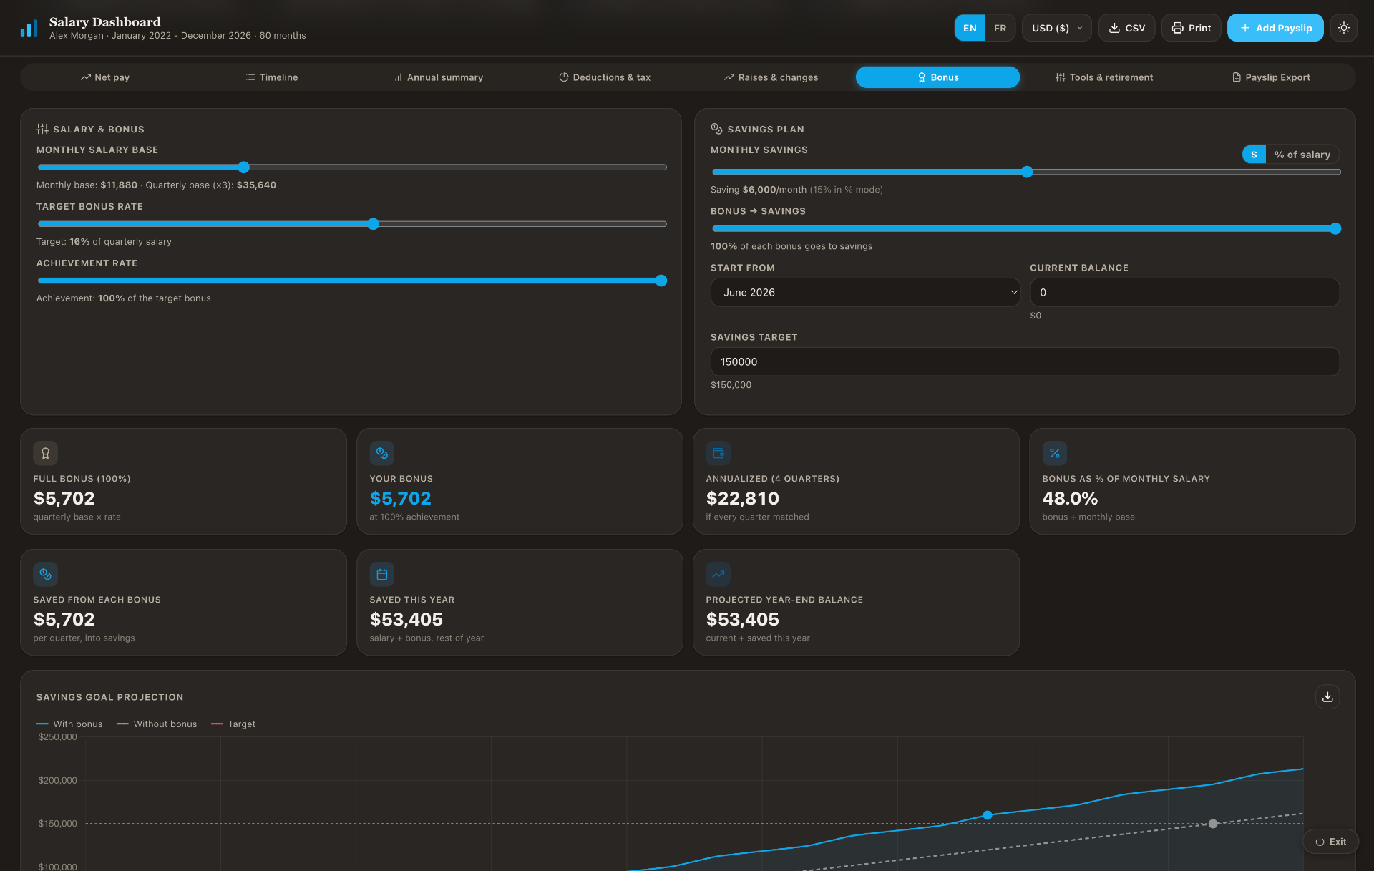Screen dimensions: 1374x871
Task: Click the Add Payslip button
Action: [1275, 28]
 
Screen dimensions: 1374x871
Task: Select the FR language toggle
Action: [1000, 28]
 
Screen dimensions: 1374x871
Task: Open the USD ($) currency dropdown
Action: [1056, 28]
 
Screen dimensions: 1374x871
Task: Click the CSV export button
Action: [1126, 28]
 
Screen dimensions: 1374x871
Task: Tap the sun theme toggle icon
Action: [1344, 28]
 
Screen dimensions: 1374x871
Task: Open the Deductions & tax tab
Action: [605, 77]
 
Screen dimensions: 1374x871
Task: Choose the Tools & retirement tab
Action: [1104, 77]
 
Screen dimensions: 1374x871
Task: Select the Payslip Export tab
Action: [1271, 77]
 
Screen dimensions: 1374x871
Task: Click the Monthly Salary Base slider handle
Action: [244, 167]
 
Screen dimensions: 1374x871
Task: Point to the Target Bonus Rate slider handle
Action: [374, 224]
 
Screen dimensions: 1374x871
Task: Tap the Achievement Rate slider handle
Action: [661, 281]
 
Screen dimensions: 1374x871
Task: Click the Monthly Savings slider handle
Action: [1027, 172]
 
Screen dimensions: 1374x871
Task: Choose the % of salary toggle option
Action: [1302, 155]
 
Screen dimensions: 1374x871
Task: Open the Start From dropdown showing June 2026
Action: [865, 292]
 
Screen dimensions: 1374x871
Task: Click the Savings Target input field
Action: [1025, 361]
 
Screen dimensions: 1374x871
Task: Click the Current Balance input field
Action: [1184, 292]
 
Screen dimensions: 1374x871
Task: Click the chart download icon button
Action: [1327, 697]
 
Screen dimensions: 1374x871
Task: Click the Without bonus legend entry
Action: [157, 724]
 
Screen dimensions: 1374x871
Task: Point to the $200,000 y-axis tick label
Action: [57, 780]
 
